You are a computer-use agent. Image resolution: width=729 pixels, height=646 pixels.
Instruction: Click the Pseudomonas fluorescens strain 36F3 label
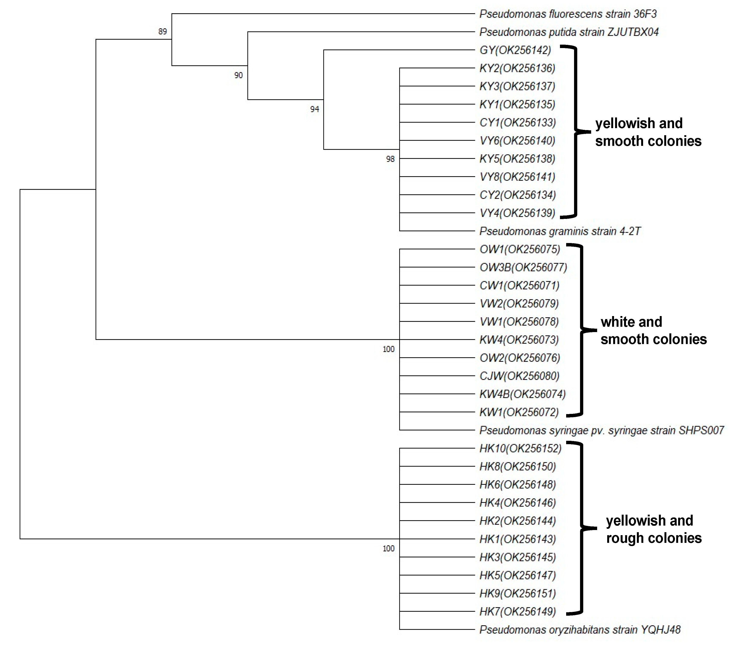[x=568, y=14]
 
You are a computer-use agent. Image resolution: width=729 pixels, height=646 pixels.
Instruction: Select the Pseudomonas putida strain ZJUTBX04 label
[x=569, y=32]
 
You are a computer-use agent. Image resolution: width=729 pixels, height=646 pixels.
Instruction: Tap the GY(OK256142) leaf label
[x=515, y=50]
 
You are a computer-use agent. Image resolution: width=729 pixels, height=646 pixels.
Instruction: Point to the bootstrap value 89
[x=163, y=32]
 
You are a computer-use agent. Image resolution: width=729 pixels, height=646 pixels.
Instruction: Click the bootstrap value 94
[x=315, y=109]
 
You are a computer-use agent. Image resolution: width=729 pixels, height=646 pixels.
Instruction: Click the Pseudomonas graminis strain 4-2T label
[x=560, y=231]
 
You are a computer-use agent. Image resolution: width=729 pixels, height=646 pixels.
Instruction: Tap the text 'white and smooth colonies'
[x=653, y=330]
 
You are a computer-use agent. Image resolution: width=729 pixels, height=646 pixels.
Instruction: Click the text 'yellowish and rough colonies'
[x=653, y=529]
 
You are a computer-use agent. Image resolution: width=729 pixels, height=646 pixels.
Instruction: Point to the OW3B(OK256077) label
[x=523, y=267]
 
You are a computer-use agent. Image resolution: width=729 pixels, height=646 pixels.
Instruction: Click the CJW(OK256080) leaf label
[x=519, y=376]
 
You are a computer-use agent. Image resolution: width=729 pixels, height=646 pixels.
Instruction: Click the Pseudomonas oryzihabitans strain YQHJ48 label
[x=580, y=630]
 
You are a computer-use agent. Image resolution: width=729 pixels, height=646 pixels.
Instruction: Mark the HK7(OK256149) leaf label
[x=517, y=611]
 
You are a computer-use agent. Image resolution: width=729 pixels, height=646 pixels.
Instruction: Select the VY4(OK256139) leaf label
[x=517, y=213]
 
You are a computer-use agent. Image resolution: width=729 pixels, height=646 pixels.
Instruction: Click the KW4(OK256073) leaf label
[x=519, y=340]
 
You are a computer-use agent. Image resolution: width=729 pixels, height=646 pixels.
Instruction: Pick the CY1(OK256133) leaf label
[x=517, y=123]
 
